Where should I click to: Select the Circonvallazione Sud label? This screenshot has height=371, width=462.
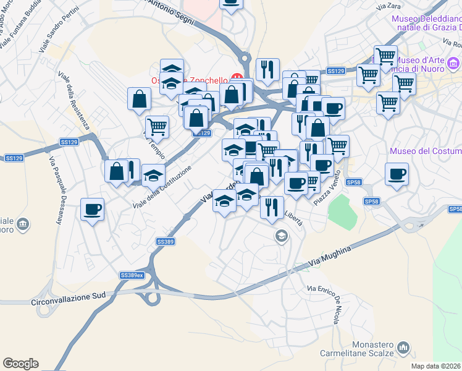pos(61,304)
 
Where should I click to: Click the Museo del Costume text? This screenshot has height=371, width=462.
pos(426,151)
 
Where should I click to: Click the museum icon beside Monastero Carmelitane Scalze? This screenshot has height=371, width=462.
pos(404,348)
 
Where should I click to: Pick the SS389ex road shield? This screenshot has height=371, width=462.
pos(132,275)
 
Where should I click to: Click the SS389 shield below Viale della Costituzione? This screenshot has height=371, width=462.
pos(165,241)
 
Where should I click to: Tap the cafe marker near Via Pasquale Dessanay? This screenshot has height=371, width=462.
pos(92,210)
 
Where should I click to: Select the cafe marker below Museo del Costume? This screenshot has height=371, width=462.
pos(396,174)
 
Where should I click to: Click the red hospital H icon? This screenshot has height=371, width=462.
pos(236,77)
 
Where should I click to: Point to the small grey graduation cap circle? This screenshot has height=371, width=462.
pos(282,235)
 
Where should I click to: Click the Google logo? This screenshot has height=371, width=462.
pos(20,364)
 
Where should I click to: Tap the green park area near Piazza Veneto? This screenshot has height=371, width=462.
pos(342,210)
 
